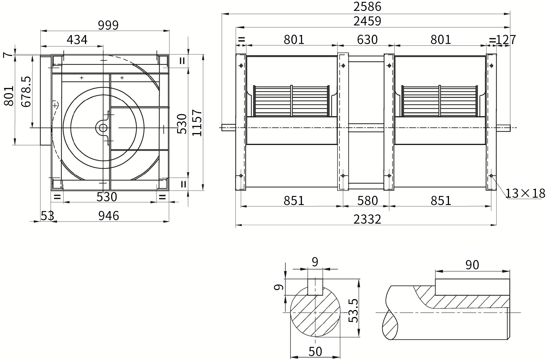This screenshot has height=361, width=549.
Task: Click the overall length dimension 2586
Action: [x=367, y=6]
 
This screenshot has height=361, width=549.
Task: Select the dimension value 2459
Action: [x=367, y=21]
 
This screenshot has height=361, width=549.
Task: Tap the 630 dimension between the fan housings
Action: [x=367, y=39]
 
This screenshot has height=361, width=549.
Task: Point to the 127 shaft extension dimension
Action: [x=506, y=40]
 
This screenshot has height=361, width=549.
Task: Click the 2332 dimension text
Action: [x=367, y=219]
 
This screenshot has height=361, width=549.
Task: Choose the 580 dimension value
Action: [x=367, y=201]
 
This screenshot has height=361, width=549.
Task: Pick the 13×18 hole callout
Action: [x=525, y=193]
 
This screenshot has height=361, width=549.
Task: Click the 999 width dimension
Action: [x=108, y=25]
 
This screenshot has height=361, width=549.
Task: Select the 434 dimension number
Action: [x=77, y=40]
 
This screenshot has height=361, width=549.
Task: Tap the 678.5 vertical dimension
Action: [x=26, y=92]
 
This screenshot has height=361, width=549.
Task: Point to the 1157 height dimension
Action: [x=197, y=123]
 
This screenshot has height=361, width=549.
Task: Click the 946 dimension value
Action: [x=108, y=216]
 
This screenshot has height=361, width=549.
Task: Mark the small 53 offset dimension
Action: [x=47, y=216]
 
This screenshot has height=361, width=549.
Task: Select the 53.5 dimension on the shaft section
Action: [x=353, y=311]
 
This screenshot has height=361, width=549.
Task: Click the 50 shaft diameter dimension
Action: [x=315, y=351]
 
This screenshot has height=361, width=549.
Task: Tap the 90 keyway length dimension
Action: [x=472, y=265]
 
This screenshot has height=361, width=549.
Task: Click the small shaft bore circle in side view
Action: [x=103, y=128]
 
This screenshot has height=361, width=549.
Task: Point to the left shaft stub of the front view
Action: [x=229, y=128]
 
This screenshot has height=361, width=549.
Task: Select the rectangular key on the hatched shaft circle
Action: [x=315, y=287]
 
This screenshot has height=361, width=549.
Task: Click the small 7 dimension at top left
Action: [x=8, y=55]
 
